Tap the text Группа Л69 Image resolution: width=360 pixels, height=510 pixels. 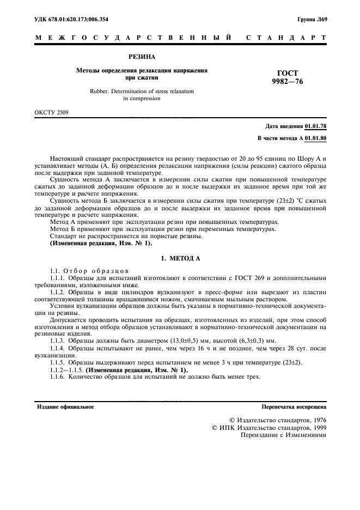click(x=313, y=19)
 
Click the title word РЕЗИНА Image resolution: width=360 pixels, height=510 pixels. click(x=142, y=56)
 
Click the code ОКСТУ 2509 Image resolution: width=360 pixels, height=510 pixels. click(x=51, y=113)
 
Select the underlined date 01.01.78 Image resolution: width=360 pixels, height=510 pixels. click(x=316, y=126)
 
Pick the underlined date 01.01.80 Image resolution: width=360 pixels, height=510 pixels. click(x=316, y=139)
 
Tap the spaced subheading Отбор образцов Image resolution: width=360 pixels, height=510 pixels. click(x=96, y=270)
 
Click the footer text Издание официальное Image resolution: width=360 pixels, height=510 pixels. click(x=65, y=406)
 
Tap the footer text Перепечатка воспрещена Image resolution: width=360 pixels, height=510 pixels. click(x=294, y=406)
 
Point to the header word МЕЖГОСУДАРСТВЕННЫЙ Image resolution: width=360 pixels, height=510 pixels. click(x=131, y=38)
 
